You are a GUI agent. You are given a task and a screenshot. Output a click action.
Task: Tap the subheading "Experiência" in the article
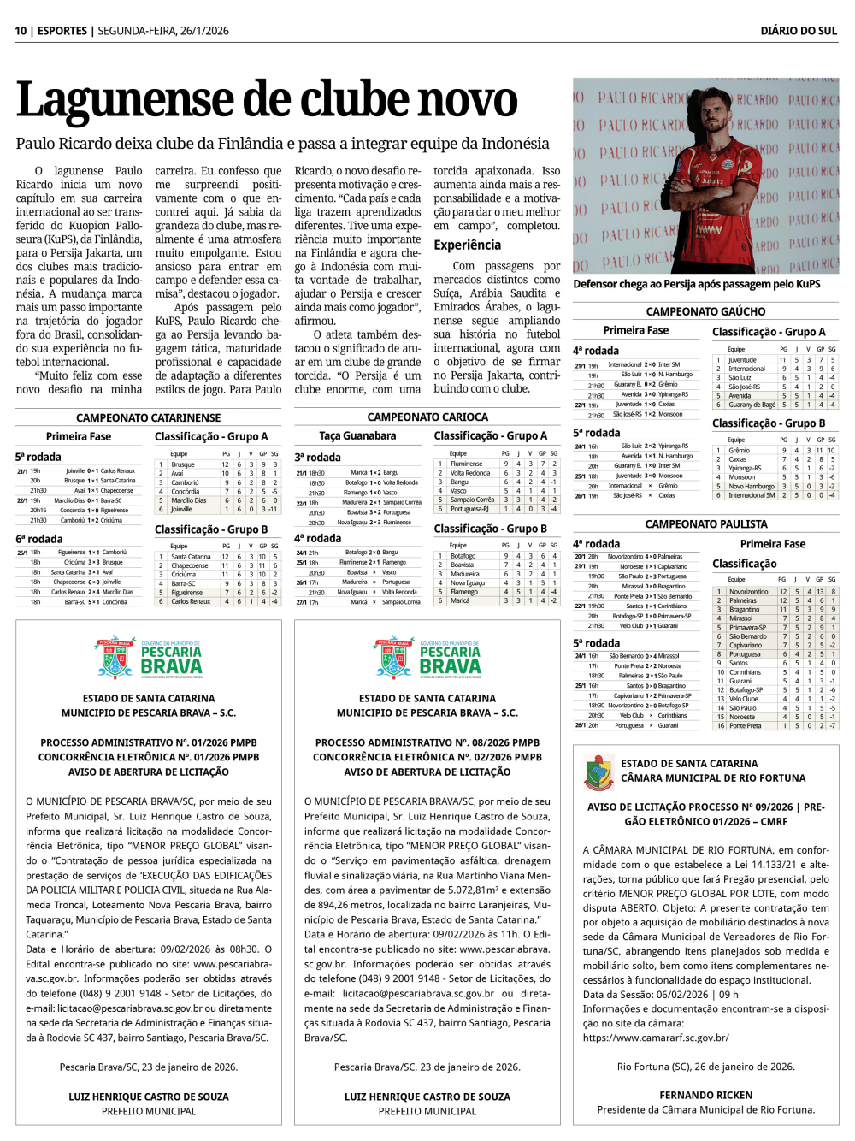pos(467,245)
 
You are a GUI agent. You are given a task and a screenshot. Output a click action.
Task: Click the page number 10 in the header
pos(21,31)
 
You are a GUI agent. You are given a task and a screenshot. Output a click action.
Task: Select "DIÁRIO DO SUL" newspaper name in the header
pos(799,31)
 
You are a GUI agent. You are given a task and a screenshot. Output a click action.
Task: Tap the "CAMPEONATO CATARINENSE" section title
pos(149,417)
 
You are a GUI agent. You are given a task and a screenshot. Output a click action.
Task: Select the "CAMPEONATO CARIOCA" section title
pos(427,417)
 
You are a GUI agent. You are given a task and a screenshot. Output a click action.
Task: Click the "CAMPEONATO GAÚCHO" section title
pos(705,311)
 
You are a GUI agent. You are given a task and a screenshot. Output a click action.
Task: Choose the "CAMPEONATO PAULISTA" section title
pos(706,523)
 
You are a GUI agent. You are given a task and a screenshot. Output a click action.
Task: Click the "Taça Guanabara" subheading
pos(357,435)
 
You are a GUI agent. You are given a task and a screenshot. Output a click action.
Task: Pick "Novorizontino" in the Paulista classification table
pos(748,591)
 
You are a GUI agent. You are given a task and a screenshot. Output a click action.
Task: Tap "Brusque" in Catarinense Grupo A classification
pos(183,464)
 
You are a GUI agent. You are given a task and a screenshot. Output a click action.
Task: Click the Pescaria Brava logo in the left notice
pos(149,658)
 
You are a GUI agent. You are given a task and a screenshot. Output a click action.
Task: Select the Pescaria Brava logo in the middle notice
pos(427,658)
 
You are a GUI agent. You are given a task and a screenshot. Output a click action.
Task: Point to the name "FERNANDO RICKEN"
pos(705,1095)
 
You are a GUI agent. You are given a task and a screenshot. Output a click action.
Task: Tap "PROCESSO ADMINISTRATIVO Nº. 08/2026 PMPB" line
pos(427,742)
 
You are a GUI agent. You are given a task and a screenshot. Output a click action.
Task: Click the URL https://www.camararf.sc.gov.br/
pos(656,1038)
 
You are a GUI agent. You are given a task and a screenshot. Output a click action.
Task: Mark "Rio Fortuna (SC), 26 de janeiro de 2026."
pos(705,1067)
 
